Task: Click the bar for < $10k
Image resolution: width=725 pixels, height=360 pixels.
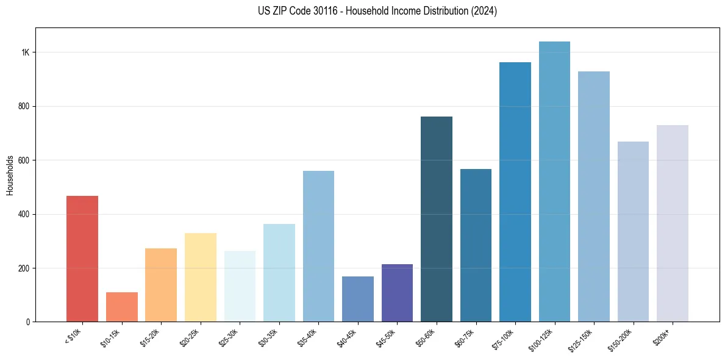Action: [x=82, y=259]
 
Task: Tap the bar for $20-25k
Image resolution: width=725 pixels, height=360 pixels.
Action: [x=200, y=277]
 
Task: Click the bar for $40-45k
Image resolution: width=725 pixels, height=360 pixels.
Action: [x=358, y=299]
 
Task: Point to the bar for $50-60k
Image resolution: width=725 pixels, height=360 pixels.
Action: [x=437, y=219]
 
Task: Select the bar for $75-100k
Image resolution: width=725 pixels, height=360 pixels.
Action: [x=515, y=192]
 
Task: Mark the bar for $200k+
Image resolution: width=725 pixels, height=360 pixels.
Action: [x=673, y=223]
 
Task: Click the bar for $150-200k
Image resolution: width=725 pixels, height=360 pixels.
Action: [x=633, y=231]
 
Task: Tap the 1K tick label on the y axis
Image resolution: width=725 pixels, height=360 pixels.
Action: [x=26, y=52]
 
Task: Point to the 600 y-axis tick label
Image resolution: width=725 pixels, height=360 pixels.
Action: [x=24, y=160]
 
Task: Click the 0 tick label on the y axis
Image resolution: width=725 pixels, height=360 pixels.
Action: [x=28, y=322]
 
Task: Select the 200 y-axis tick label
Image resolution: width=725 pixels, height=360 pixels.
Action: [x=24, y=268]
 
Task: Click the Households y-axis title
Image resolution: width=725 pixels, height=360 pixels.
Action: [x=10, y=175]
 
